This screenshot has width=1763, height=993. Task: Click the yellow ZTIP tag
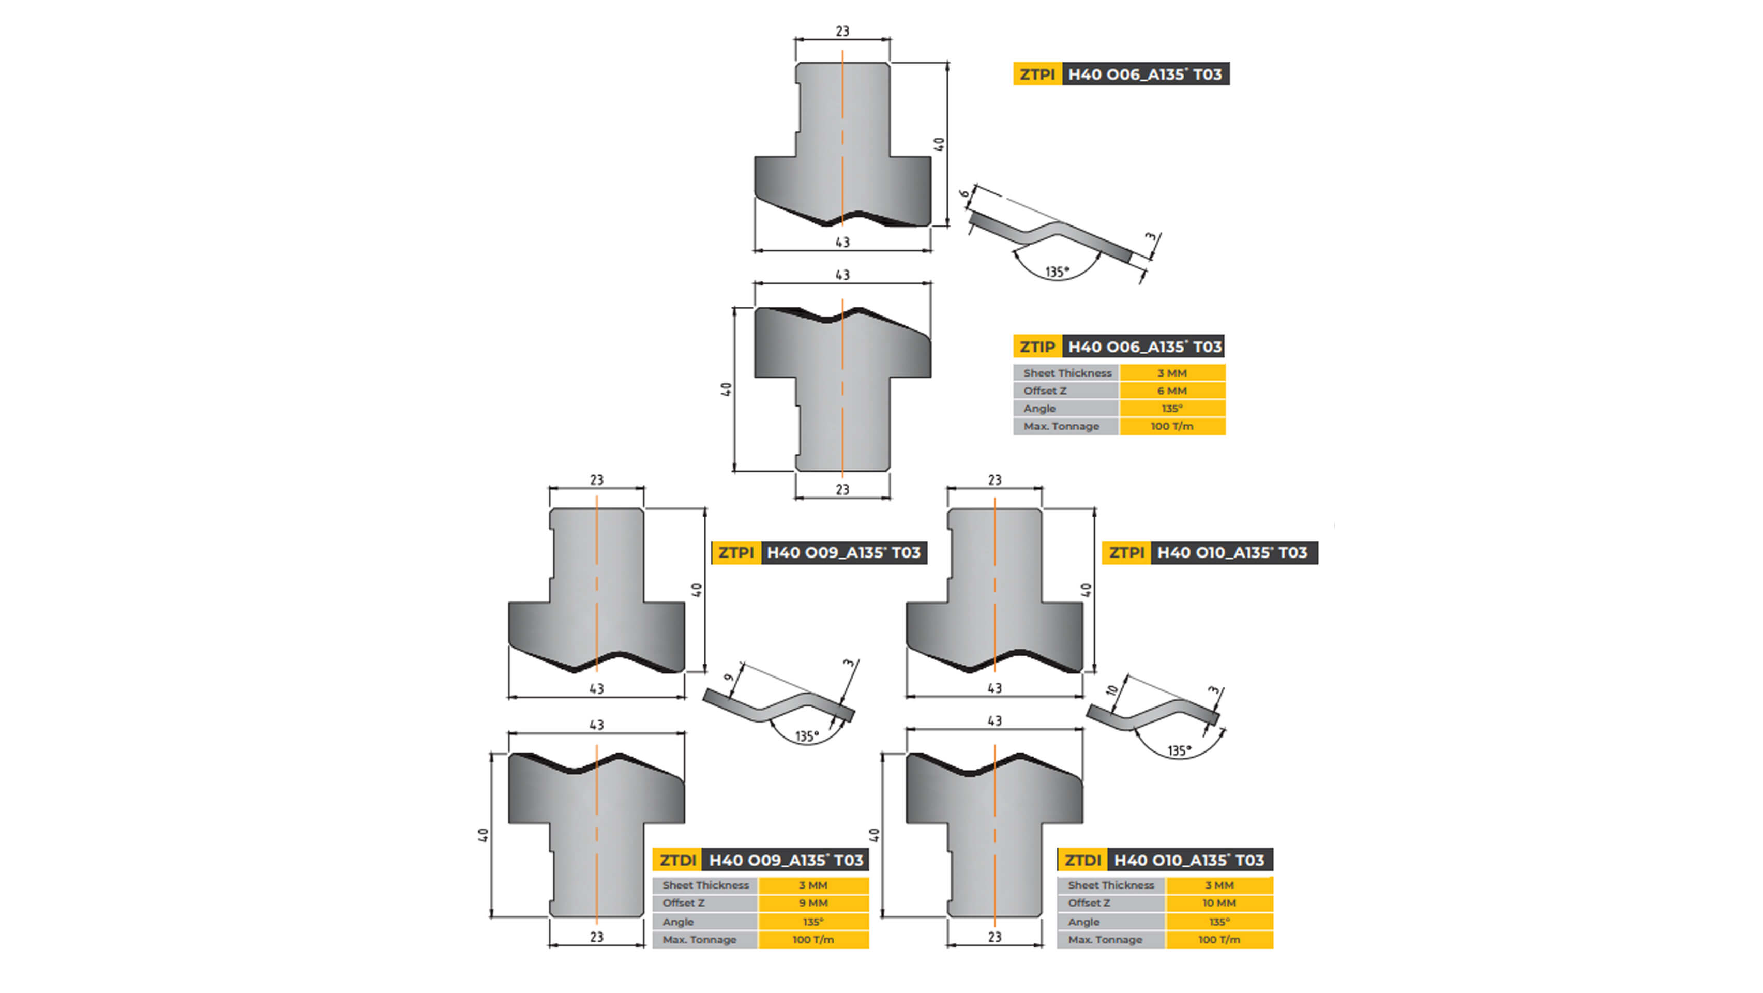[x=1037, y=347]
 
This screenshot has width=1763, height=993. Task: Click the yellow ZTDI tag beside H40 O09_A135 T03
[x=677, y=860]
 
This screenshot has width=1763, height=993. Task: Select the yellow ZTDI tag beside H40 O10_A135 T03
[x=1082, y=860]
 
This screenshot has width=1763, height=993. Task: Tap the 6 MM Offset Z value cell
[x=1172, y=391]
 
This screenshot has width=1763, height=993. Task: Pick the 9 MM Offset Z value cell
[x=813, y=904]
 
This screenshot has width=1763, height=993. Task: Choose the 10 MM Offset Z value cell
[x=1218, y=904]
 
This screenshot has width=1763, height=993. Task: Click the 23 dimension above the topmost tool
[x=842, y=32]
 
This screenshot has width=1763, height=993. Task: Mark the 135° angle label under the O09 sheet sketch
[x=807, y=736]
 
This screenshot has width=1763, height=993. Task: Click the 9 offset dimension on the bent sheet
[x=729, y=678]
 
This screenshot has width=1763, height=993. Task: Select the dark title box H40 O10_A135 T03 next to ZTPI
[x=1232, y=553]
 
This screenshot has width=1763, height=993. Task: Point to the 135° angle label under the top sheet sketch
[x=1057, y=273]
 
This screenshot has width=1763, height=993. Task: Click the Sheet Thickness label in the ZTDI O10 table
[x=1110, y=885]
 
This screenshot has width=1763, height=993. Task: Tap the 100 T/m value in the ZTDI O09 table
[x=813, y=940]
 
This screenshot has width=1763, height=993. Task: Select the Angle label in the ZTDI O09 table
[x=677, y=922]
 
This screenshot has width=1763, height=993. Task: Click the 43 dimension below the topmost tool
[x=842, y=242]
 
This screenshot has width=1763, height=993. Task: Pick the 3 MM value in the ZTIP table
[x=1172, y=373]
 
